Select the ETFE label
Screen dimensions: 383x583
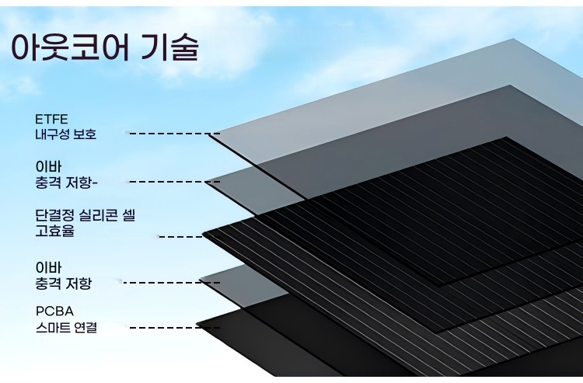(x=51, y=119)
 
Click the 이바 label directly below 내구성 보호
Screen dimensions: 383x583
(x=46, y=166)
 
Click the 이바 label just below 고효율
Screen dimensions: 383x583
(x=46, y=266)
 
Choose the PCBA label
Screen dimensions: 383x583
(x=54, y=312)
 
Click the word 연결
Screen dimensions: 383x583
(x=87, y=327)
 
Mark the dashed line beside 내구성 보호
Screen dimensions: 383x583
(x=169, y=134)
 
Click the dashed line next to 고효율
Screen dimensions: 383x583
(x=180, y=235)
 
